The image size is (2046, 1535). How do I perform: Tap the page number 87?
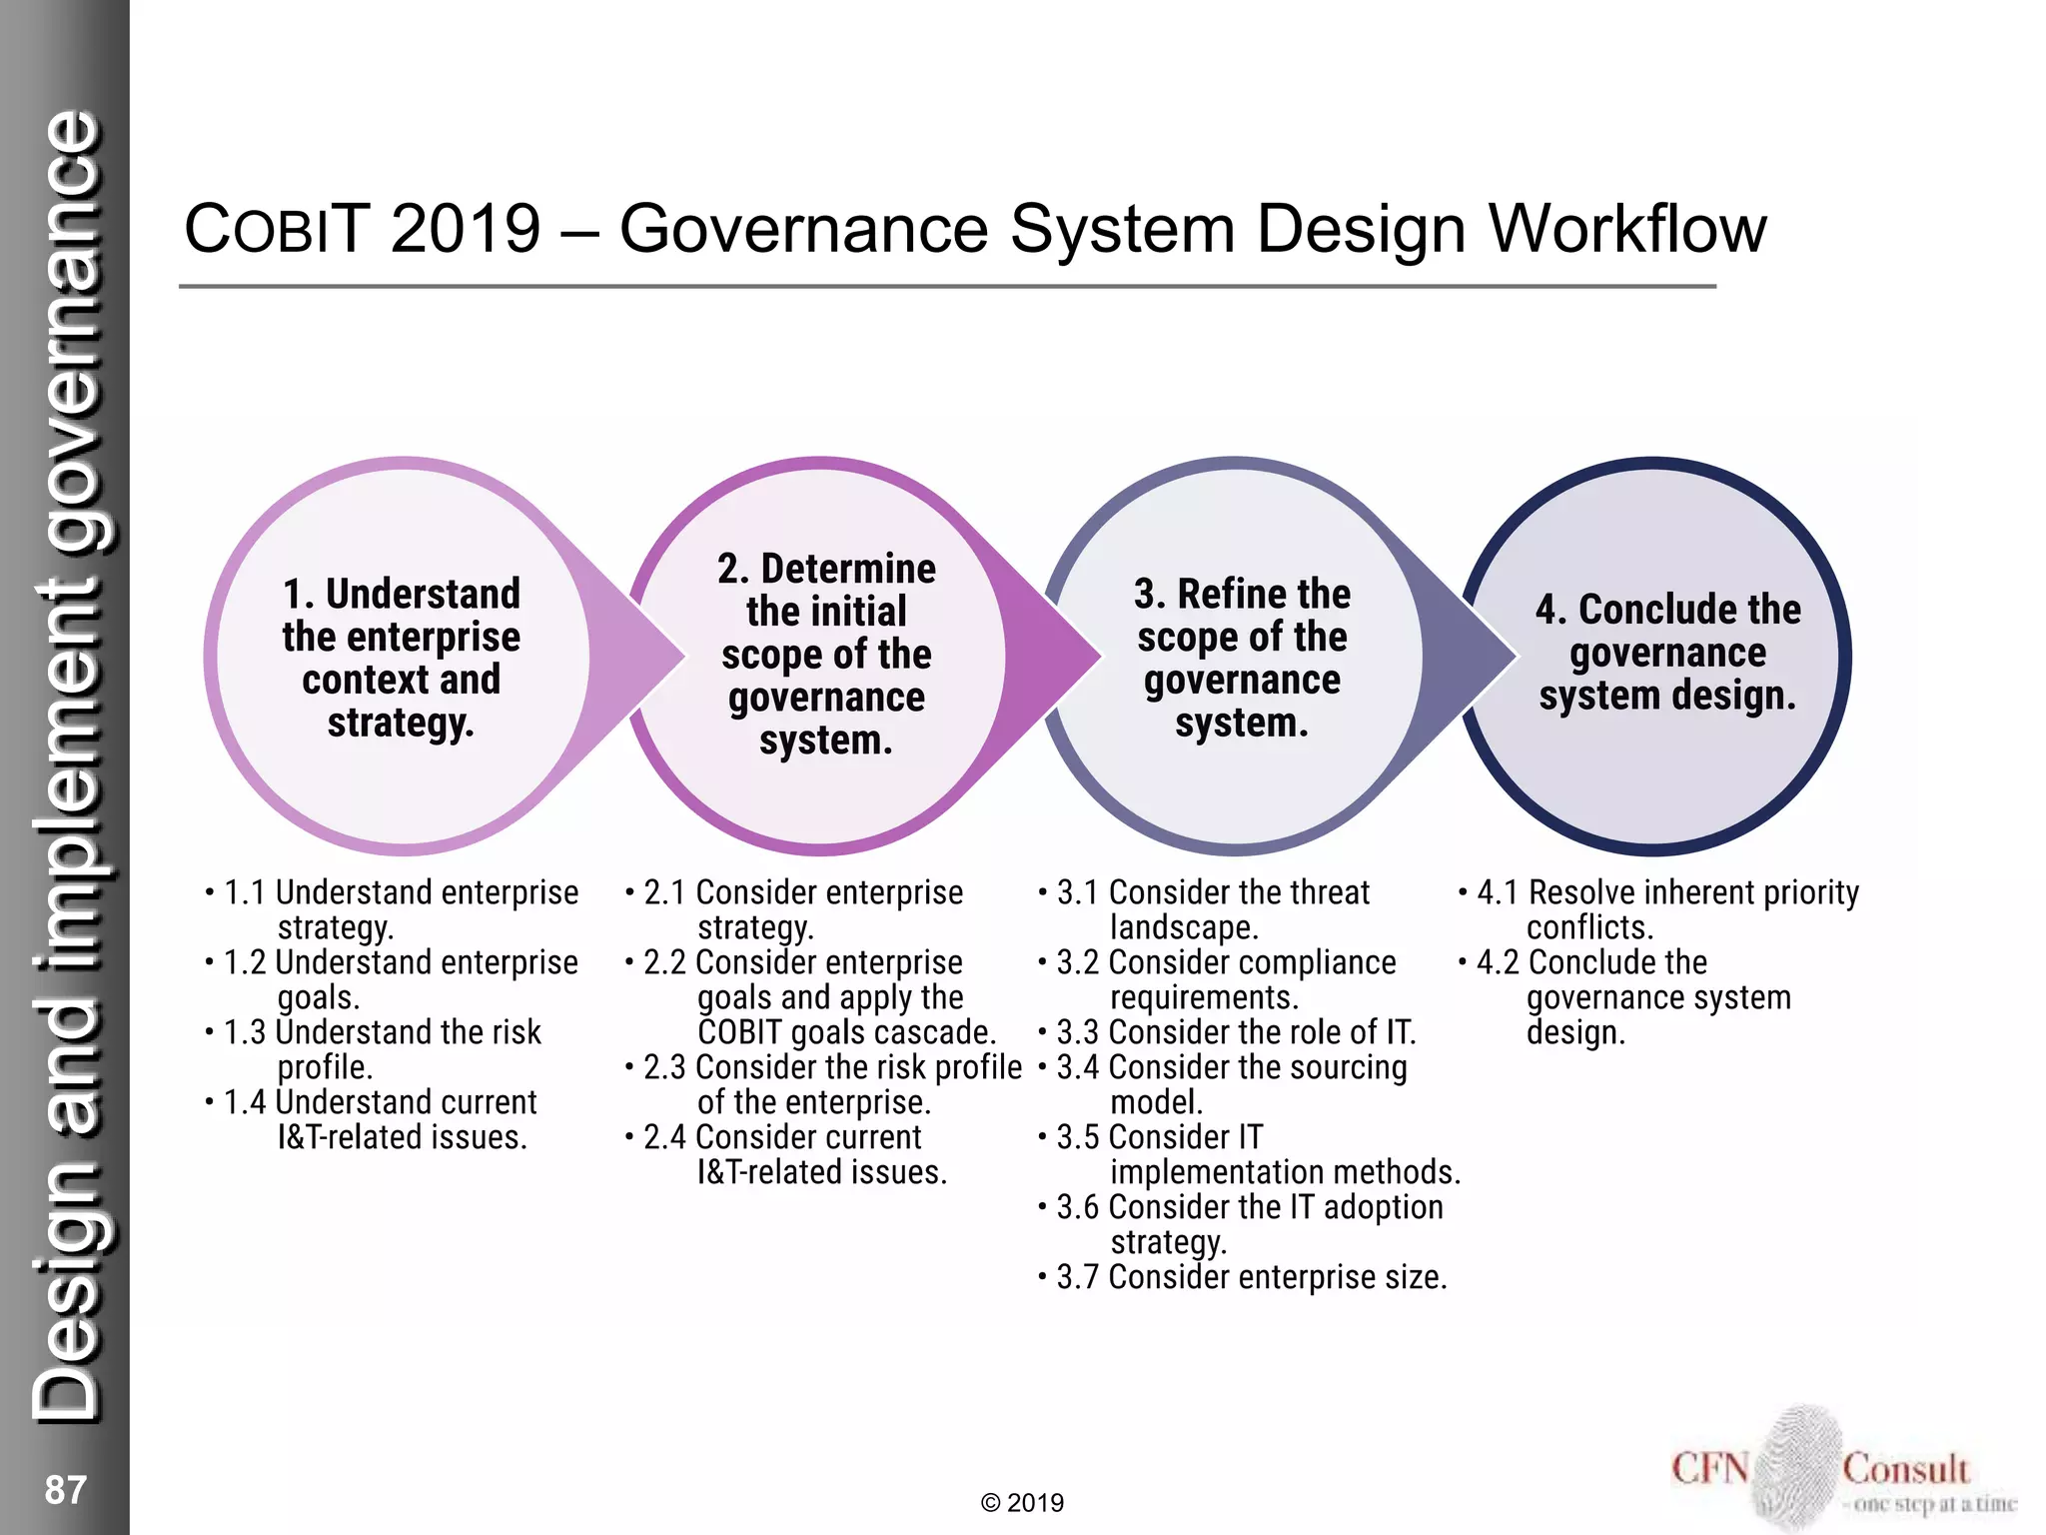(66, 1489)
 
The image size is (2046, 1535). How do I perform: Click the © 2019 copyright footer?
(1022, 1503)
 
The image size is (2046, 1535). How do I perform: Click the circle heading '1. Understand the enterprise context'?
(401, 658)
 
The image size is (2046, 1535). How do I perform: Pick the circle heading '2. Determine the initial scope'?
(826, 655)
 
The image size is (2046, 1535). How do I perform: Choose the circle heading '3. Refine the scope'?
(1242, 658)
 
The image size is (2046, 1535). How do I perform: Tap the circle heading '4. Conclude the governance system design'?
(1667, 652)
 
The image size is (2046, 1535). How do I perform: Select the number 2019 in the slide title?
(466, 230)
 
